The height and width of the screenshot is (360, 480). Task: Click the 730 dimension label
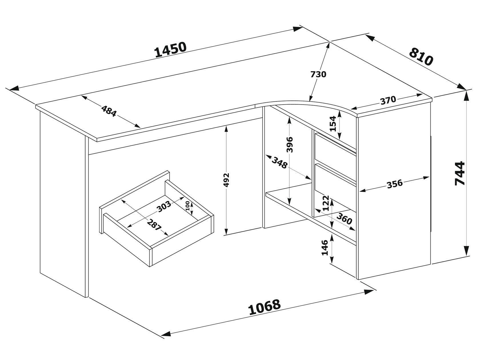pos(318,74)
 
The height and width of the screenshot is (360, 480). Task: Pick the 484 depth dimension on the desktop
pos(109,111)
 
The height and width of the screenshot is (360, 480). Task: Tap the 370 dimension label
pos(388,100)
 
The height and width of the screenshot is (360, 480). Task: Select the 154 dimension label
pos(333,124)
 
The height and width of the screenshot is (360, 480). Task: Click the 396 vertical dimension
pos(289,145)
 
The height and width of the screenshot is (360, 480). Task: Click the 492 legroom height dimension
pos(226,180)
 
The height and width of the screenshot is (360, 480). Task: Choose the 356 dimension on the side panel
pos(395,184)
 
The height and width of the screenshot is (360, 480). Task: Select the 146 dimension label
pos(325,248)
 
